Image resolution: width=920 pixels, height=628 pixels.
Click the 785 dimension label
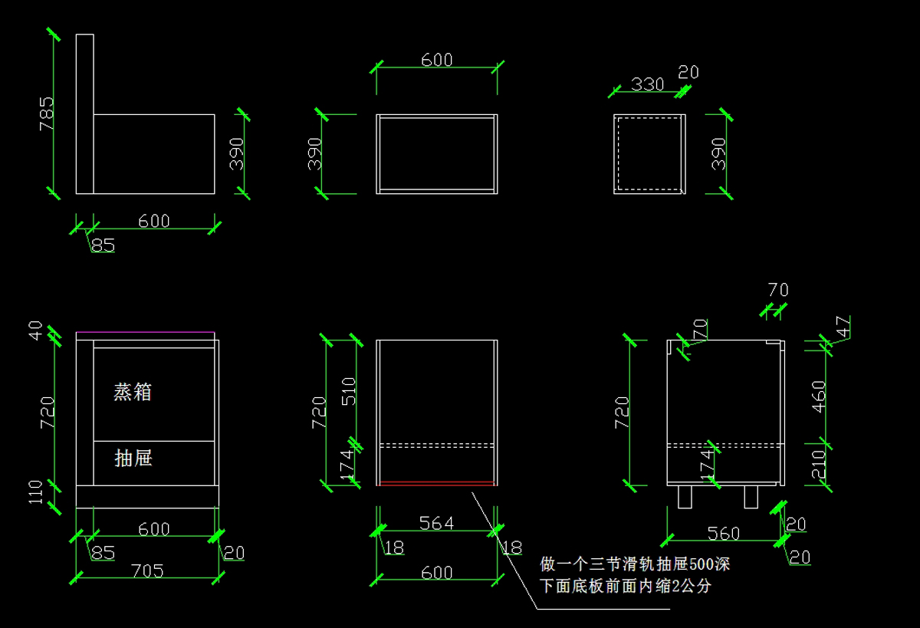click(x=47, y=113)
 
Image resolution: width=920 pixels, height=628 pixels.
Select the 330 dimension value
click(x=647, y=84)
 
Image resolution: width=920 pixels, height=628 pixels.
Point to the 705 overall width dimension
click(x=147, y=571)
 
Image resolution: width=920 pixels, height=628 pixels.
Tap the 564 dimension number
click(x=436, y=523)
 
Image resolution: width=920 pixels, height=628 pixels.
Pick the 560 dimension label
click(x=723, y=534)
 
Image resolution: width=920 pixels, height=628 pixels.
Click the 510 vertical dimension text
click(x=349, y=391)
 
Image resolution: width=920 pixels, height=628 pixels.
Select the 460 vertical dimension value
click(x=819, y=396)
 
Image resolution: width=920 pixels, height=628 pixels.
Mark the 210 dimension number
click(x=819, y=464)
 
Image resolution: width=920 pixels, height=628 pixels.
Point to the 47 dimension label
click(x=843, y=327)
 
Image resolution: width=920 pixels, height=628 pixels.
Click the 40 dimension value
click(x=35, y=330)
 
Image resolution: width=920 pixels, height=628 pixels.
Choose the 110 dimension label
click(x=35, y=492)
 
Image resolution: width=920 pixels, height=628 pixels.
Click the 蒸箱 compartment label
click(x=133, y=392)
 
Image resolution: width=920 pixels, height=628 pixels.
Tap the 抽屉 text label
click(x=133, y=458)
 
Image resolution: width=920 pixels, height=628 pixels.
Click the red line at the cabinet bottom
click(x=437, y=484)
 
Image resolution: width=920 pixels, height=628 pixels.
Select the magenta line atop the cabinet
click(x=146, y=332)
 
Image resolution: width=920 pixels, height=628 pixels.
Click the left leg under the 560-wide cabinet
click(x=685, y=497)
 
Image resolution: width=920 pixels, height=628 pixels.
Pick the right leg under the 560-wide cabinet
click(x=751, y=497)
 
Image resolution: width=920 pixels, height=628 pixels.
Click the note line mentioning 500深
click(x=635, y=564)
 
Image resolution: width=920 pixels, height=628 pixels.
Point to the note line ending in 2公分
click(x=625, y=586)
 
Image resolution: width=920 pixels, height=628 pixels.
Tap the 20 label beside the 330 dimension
click(x=688, y=72)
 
